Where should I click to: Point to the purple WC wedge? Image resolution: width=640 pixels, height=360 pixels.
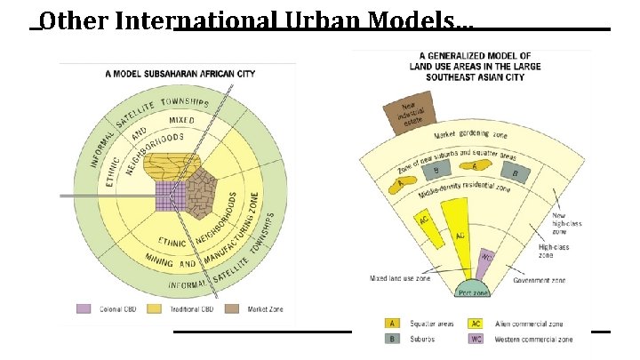[x=485, y=262]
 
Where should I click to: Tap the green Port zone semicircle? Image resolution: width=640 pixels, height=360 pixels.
[x=474, y=289]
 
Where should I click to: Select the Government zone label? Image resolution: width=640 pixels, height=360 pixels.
[x=540, y=280]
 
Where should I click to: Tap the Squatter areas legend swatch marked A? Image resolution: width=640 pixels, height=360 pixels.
[x=390, y=324]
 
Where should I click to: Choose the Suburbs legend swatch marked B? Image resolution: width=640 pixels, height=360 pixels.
[x=390, y=339]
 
